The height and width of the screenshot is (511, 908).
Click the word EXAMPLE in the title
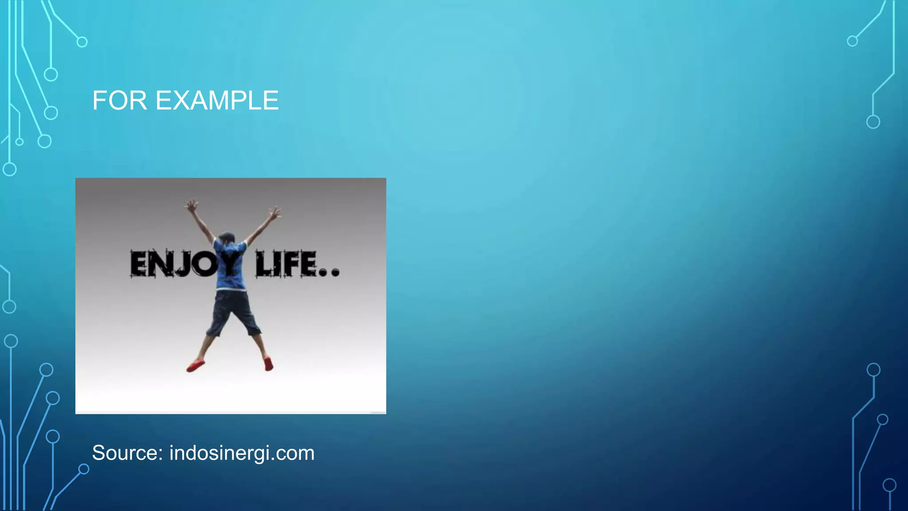217,101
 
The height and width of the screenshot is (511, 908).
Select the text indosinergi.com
242,453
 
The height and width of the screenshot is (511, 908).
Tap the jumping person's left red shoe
196,366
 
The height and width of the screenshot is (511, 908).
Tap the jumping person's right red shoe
269,364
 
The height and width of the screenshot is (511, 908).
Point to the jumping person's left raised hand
192,206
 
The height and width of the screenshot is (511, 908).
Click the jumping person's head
227,236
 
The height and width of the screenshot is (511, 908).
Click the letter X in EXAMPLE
182,101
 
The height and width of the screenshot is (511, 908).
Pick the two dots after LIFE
329,272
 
